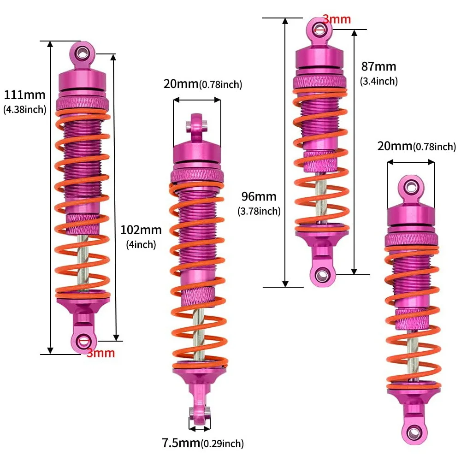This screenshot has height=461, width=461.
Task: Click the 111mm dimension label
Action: coord(25,95)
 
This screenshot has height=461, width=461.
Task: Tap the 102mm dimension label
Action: coord(141,230)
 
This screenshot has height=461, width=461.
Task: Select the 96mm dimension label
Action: coord(259,197)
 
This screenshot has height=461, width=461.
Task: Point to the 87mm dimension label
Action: coord(378,67)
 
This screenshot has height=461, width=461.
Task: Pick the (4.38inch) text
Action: coord(25,110)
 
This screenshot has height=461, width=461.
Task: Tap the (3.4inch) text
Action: coord(378,81)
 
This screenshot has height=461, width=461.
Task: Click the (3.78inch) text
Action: coord(259,211)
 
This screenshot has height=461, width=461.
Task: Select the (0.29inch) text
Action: coord(222,444)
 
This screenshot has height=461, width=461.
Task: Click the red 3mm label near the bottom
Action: coord(100,354)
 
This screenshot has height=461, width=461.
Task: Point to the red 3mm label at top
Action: coord(336,19)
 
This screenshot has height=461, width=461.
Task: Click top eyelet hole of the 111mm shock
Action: coord(83,52)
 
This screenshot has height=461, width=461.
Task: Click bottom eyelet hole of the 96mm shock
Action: coord(321,275)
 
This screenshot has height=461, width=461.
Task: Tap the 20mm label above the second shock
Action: coord(181,84)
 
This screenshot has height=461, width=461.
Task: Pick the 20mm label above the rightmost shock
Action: coord(395,147)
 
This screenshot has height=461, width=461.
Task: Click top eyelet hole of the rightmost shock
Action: coord(410,187)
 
